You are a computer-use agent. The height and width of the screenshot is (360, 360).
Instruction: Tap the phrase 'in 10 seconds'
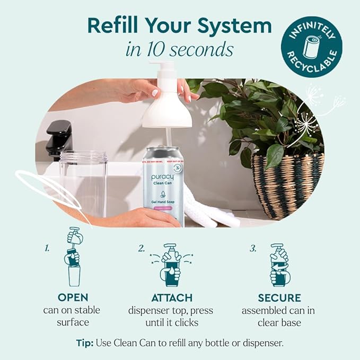tap(180, 49)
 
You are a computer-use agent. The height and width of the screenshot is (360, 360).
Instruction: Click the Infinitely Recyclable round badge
tap(311, 46)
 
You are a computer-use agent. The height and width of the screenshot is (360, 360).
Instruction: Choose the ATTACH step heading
tap(171, 298)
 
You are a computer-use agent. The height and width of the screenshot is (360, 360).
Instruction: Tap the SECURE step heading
tap(279, 298)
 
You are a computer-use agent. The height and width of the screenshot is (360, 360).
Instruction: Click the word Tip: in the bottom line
tap(86, 343)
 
